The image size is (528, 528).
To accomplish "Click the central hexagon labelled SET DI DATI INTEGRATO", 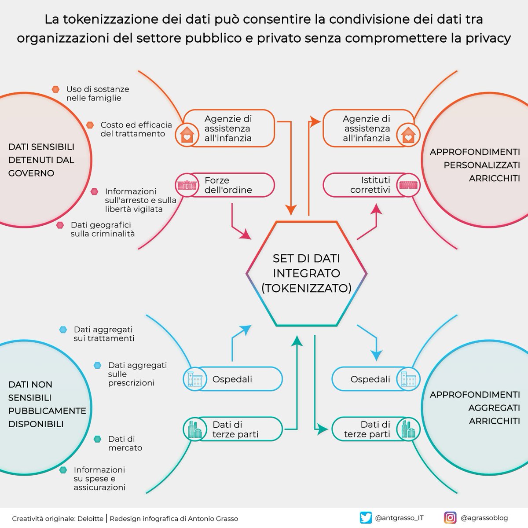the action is click(x=306, y=273).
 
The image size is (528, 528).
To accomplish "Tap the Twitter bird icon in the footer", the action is click(x=365, y=518).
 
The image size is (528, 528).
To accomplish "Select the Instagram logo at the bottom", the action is click(x=450, y=518).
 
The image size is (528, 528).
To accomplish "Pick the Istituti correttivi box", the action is click(x=370, y=185).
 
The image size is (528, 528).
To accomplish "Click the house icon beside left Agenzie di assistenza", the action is click(x=187, y=134).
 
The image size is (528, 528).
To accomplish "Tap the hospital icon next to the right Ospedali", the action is click(x=408, y=379).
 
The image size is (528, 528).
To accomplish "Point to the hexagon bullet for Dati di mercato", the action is click(x=98, y=439).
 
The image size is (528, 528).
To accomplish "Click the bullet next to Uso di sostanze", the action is click(x=55, y=89).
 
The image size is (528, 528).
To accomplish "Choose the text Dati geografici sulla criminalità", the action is click(x=103, y=229).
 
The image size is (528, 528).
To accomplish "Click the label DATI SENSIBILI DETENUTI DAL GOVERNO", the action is click(x=41, y=160).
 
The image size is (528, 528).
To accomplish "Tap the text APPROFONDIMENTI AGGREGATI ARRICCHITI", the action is click(x=475, y=407).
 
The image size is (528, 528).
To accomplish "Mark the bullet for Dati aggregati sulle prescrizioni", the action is click(x=98, y=366).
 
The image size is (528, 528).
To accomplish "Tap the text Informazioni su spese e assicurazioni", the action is click(x=99, y=478).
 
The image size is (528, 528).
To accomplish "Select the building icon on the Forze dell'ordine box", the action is click(x=187, y=185).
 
